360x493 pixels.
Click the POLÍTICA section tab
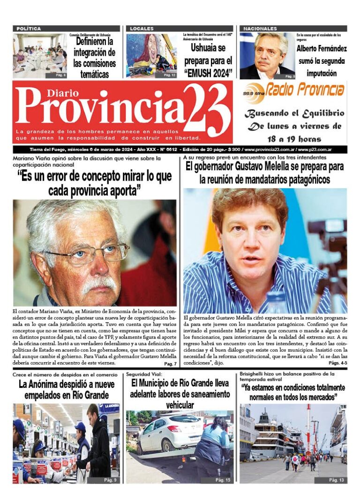click(29, 29)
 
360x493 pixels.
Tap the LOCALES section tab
click(142, 29)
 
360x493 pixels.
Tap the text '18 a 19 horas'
click(294, 139)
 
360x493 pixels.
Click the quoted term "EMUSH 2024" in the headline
click(208, 72)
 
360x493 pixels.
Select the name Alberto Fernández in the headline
click(322, 49)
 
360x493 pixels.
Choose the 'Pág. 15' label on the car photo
click(223, 480)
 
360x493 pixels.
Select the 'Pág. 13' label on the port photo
click(337, 480)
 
